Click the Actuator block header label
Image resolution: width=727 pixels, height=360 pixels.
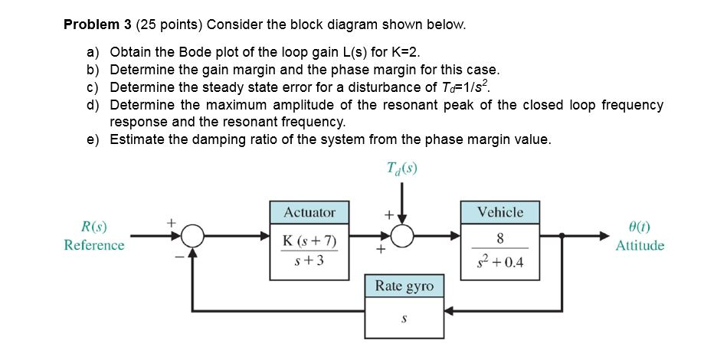309,212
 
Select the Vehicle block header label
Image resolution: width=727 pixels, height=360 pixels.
500,212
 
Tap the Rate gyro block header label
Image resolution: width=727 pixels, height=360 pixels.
404,286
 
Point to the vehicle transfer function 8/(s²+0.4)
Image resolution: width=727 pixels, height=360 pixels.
500,252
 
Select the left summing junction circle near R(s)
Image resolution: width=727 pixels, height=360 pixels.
193,237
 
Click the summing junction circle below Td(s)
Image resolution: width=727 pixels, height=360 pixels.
404,237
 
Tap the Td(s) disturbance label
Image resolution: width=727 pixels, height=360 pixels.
404,169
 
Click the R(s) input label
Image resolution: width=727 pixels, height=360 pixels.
93,227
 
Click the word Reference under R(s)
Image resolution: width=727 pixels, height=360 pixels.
93,246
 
